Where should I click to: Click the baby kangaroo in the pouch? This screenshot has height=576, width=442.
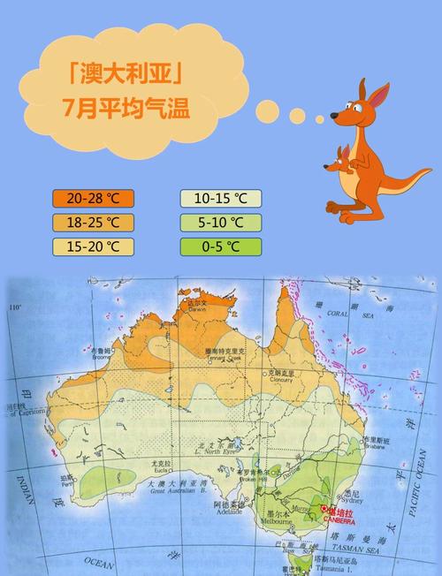344,166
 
